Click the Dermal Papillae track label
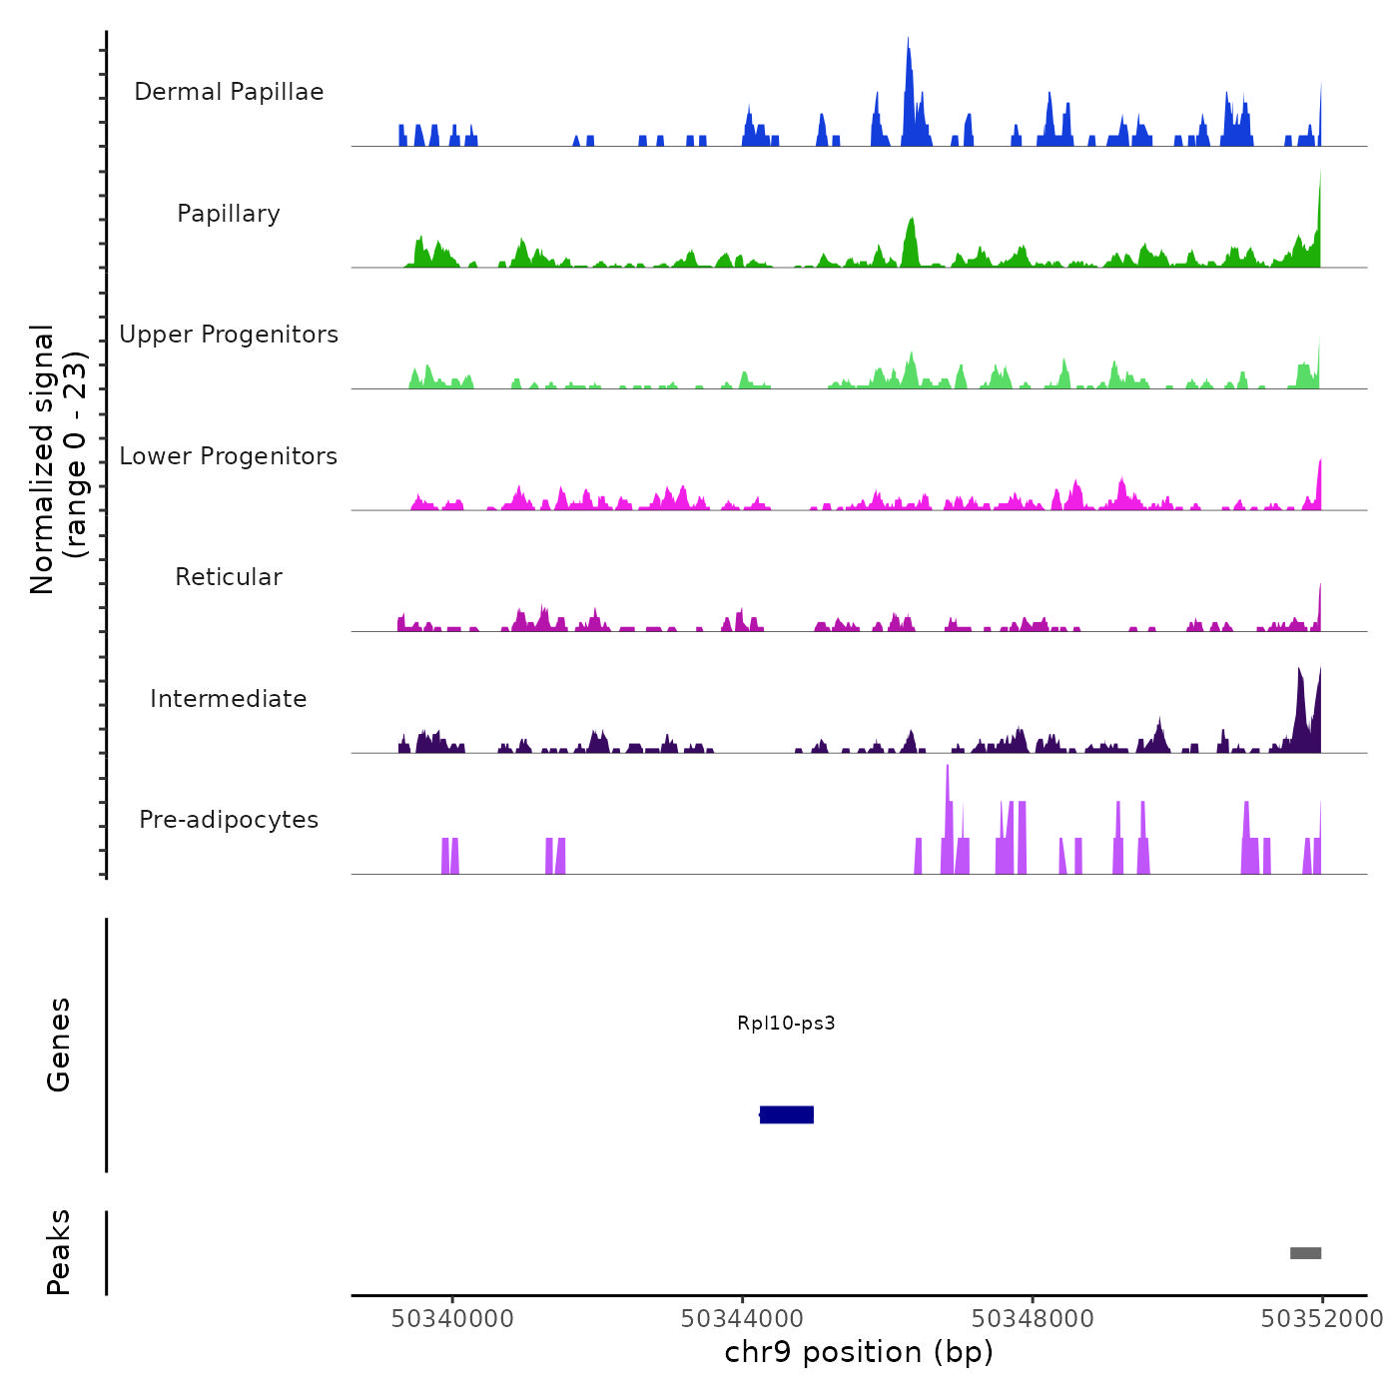tap(229, 92)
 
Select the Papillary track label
tap(229, 214)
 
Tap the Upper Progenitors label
tap(229, 335)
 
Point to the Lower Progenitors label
tap(229, 456)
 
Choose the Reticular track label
tap(229, 577)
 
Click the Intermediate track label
tap(229, 699)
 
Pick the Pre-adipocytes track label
tap(229, 820)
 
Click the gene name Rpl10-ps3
tap(786, 1023)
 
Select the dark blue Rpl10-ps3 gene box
tap(787, 1114)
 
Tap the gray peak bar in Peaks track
tap(1305, 1253)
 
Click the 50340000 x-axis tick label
tap(452, 1319)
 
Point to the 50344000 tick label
tap(743, 1319)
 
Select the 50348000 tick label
tap(1033, 1319)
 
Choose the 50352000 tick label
tap(1322, 1319)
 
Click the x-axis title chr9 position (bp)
tap(859, 1352)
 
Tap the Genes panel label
tap(59, 1045)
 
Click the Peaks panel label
tap(59, 1252)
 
